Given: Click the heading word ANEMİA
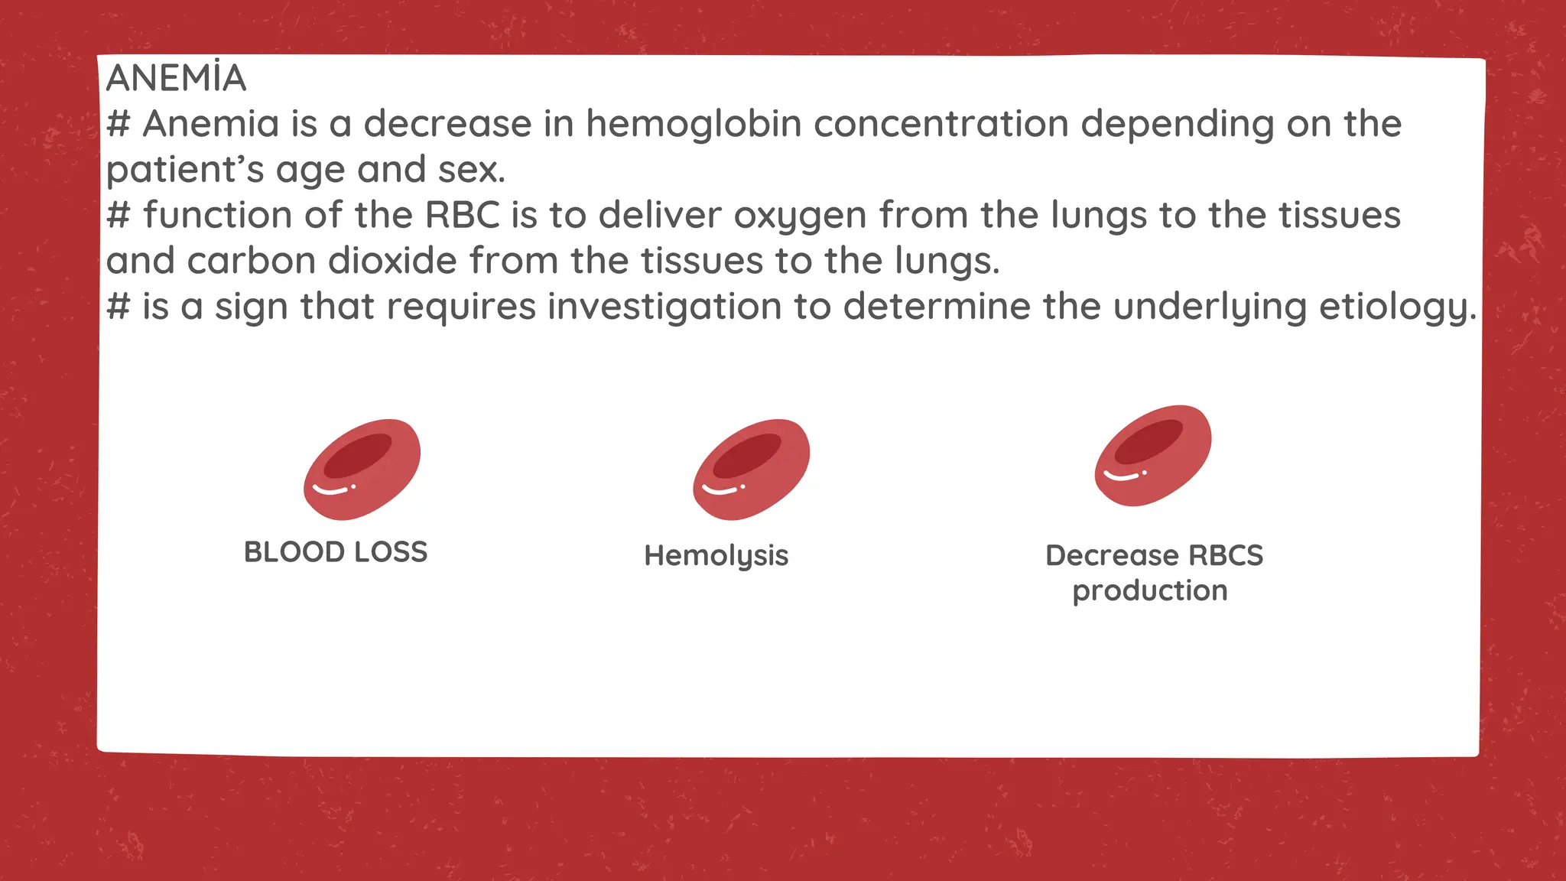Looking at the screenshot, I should point(176,78).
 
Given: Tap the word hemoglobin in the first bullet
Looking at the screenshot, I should point(694,124).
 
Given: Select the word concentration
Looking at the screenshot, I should point(941,124).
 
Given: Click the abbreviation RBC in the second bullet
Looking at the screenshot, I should point(462,216).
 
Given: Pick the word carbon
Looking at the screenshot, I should point(251,262).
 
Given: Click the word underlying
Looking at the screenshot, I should point(1210,307).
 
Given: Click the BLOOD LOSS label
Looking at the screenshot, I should point(336,552).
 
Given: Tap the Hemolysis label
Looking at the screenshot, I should point(716,556).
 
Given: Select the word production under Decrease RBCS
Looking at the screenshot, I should point(1150,591).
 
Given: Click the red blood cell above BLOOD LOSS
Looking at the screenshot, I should point(362,470).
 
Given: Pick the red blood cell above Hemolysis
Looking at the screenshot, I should point(751,470).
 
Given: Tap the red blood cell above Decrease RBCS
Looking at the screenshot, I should point(1153,456).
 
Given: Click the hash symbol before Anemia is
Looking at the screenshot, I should point(118,124).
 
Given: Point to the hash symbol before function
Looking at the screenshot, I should point(118,216).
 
